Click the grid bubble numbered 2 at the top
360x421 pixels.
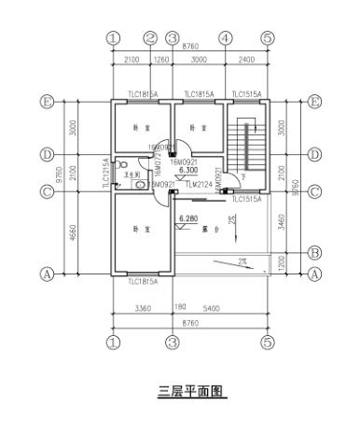151,38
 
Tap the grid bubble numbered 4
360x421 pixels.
225,38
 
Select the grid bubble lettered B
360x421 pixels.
314,252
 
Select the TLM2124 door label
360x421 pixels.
197,185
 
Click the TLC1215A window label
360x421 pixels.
104,173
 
